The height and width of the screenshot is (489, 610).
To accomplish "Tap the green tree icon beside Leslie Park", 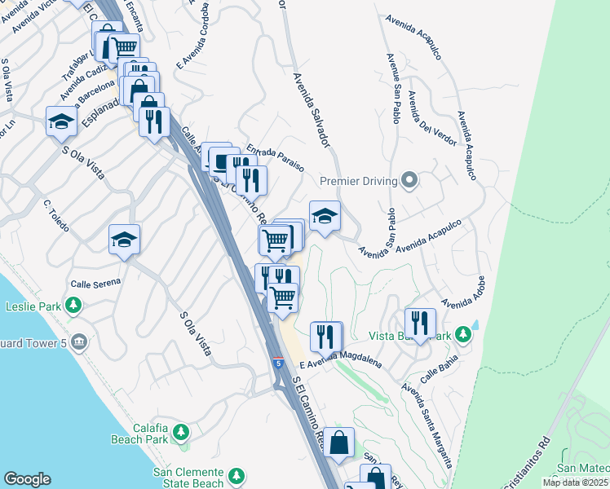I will pyautogui.click(x=74, y=306).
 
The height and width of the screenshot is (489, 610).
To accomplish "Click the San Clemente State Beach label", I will pyautogui.click(x=188, y=478).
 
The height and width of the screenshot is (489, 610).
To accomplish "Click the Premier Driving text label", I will pyautogui.click(x=358, y=181).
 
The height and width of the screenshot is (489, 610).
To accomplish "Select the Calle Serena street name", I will pyautogui.click(x=95, y=283).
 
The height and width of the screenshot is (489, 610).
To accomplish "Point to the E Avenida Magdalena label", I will pyautogui.click(x=340, y=363).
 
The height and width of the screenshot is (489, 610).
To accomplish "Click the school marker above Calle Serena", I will pyautogui.click(x=124, y=240).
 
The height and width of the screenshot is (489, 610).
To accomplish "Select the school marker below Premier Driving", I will pyautogui.click(x=325, y=216).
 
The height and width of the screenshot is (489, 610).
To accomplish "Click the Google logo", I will pyautogui.click(x=27, y=479).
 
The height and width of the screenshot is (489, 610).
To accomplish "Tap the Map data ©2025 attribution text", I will pyautogui.click(x=575, y=482).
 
